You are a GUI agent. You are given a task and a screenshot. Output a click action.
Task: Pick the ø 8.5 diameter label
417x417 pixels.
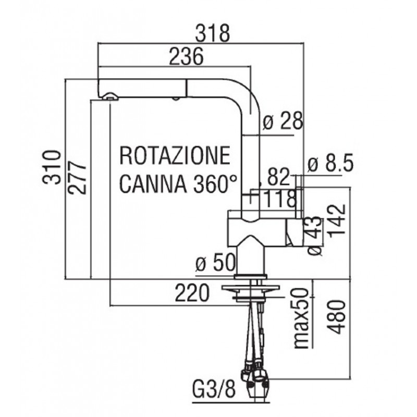point(330,165)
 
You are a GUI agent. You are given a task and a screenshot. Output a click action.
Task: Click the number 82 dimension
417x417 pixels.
point(278,178)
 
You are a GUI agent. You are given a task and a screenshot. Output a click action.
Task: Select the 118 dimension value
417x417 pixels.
point(280,199)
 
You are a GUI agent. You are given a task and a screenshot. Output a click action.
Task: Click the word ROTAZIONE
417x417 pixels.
point(175,156)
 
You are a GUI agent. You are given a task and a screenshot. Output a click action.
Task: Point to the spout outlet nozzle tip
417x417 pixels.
point(110,95)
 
